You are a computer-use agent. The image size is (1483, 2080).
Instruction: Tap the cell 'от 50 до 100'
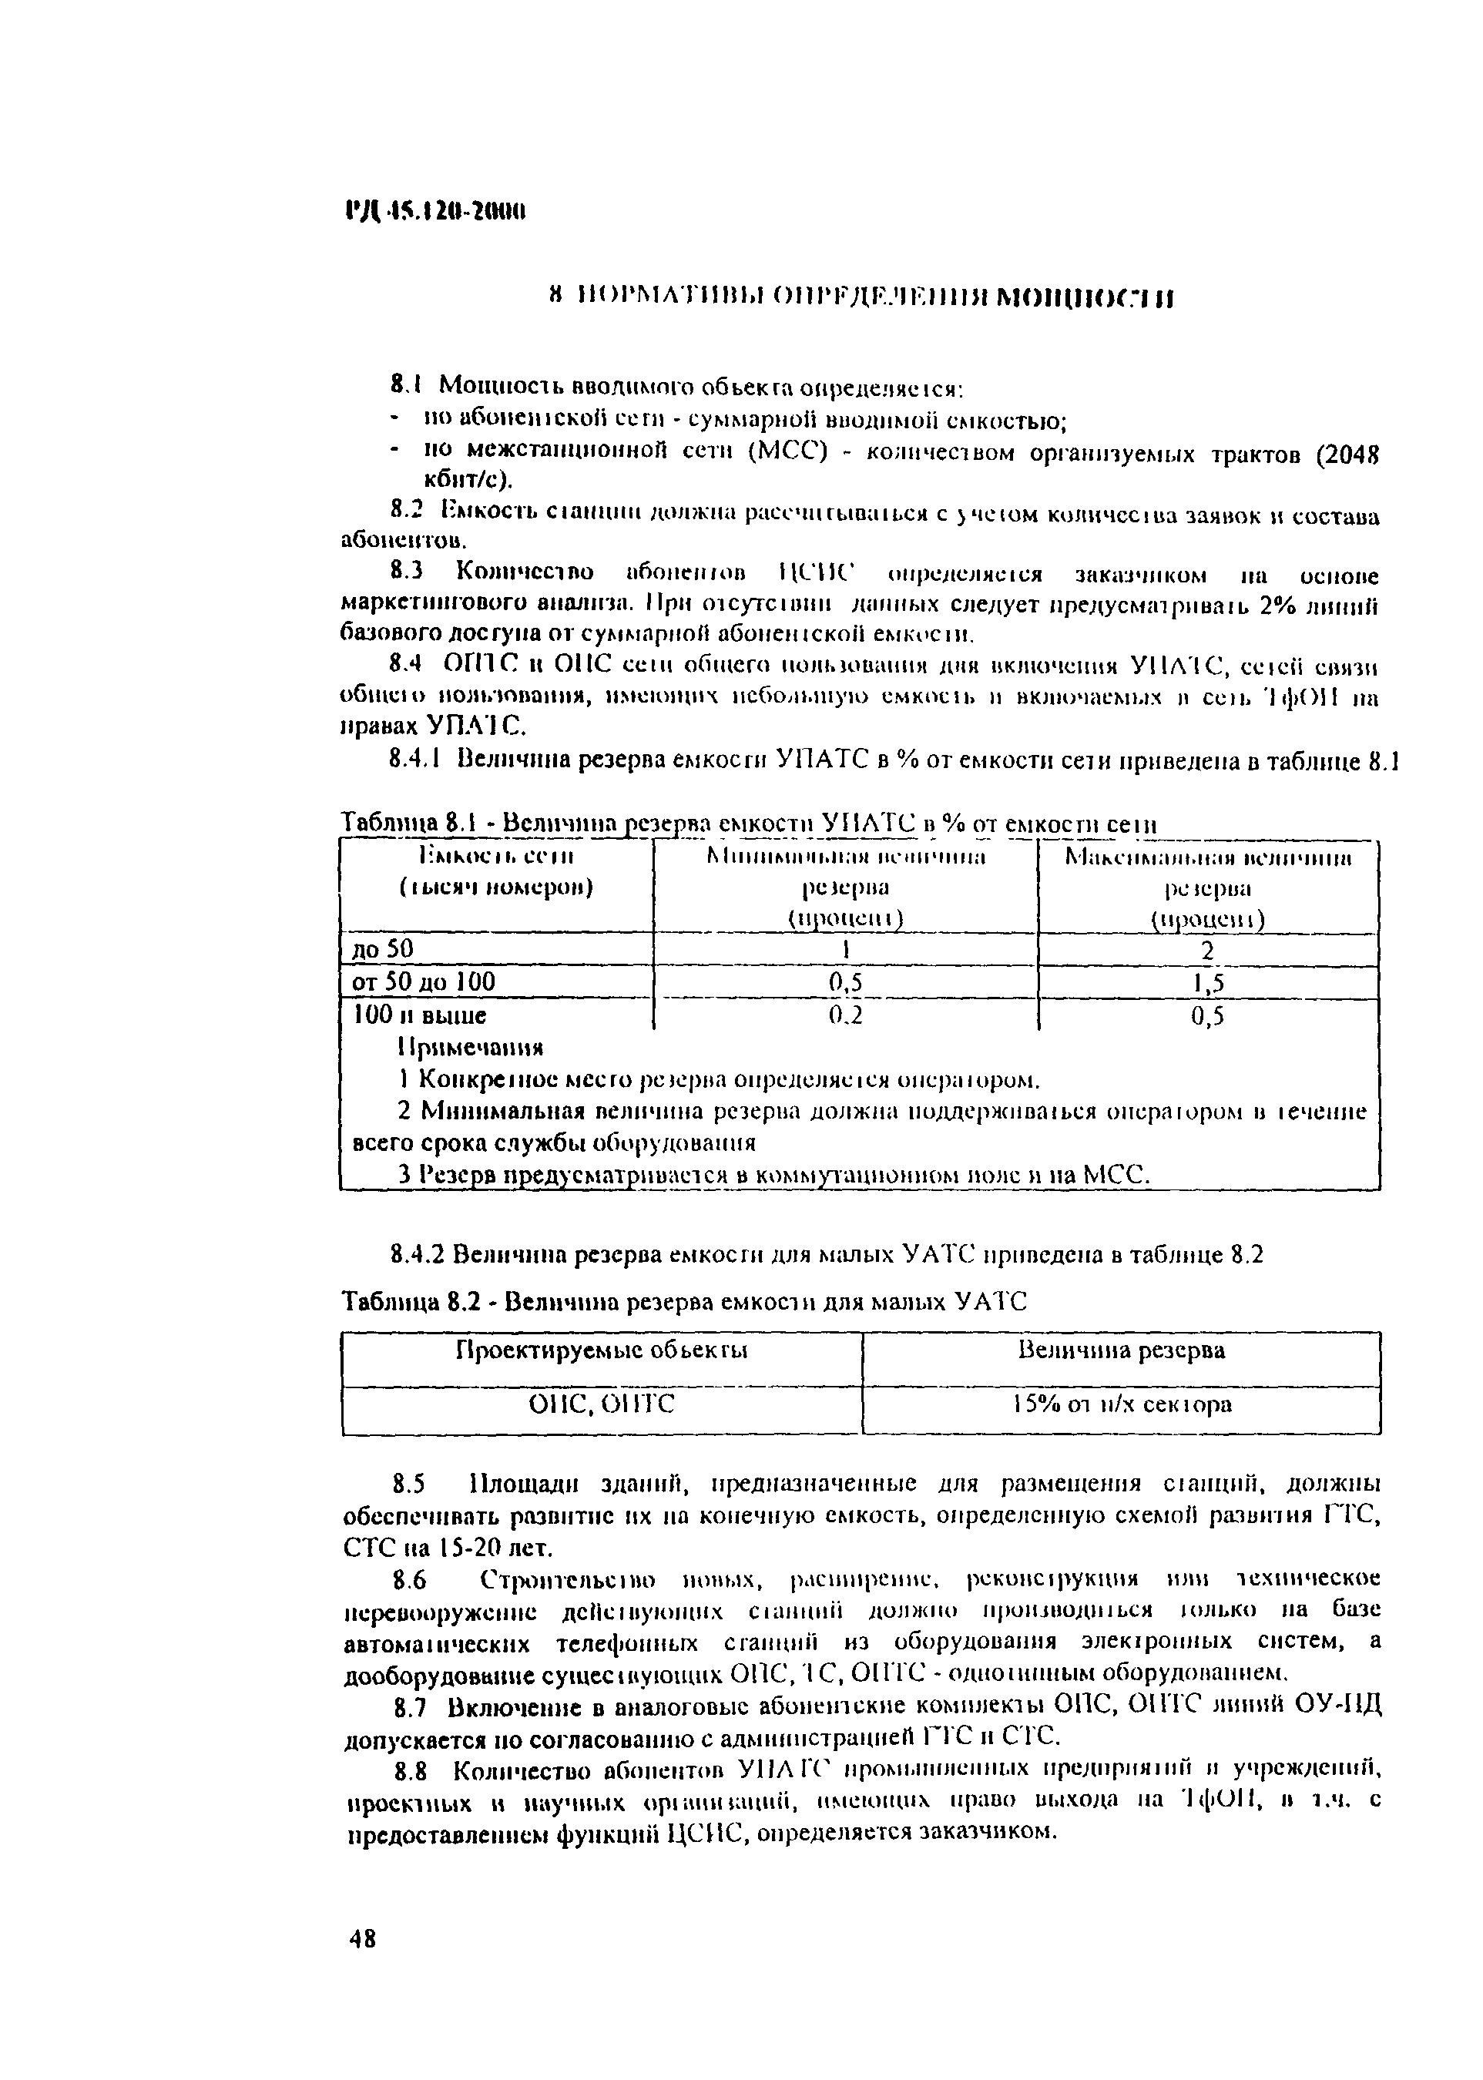click(424, 982)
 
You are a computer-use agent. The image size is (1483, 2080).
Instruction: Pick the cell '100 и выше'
click(419, 1015)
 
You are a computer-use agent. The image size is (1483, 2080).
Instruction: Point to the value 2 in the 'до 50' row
click(1207, 951)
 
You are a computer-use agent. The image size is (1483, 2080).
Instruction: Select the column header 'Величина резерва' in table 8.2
click(1122, 1350)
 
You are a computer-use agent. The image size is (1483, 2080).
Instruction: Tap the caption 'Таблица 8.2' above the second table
click(398, 1301)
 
